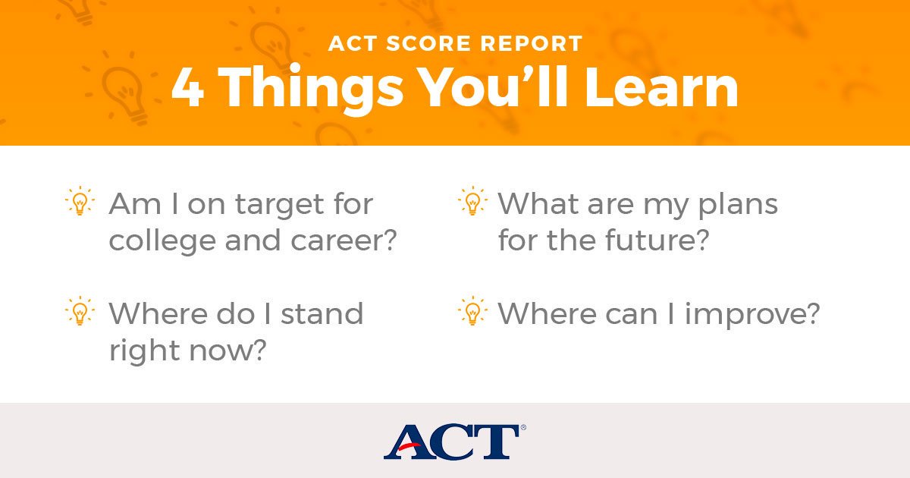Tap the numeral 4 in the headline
coord(187,88)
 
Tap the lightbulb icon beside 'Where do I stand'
coord(79,311)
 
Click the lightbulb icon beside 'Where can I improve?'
coord(472,311)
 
